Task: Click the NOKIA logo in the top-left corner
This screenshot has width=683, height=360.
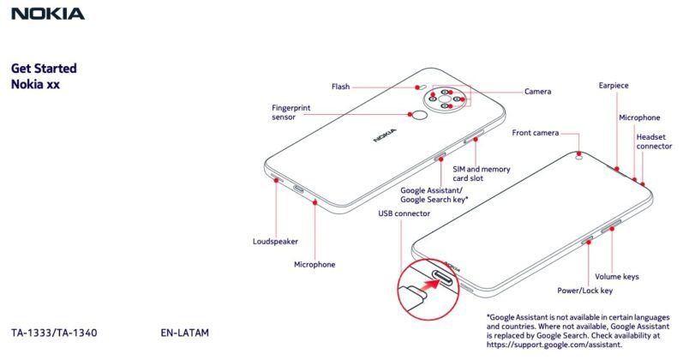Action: [x=47, y=14]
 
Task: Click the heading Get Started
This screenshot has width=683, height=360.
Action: [x=44, y=69]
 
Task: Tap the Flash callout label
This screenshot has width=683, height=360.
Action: [x=340, y=87]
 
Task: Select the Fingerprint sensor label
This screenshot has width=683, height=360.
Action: [x=291, y=113]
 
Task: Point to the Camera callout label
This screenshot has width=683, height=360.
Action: [x=538, y=91]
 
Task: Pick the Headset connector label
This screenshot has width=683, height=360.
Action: [x=654, y=141]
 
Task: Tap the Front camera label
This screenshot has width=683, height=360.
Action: [x=536, y=133]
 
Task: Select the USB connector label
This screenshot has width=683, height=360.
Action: [x=404, y=212]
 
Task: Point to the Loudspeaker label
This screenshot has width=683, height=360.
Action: [x=275, y=241]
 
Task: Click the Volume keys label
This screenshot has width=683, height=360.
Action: [x=617, y=277]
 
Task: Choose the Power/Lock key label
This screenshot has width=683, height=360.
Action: [x=585, y=291]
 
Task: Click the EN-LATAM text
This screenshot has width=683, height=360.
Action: [x=184, y=332]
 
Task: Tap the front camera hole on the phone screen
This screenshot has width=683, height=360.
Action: [x=580, y=156]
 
